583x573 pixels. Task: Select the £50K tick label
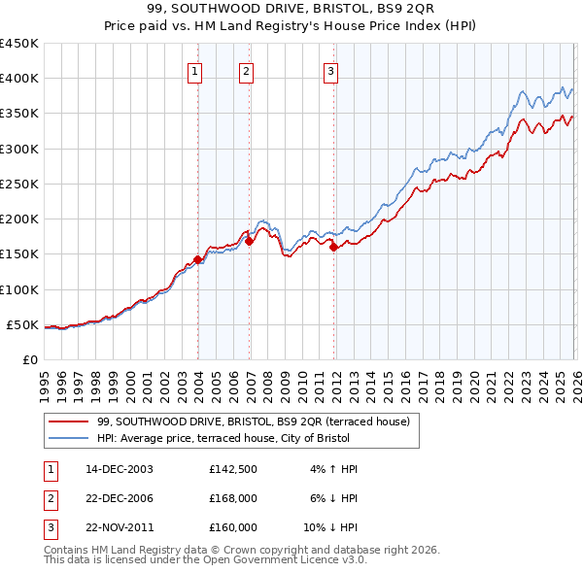23,324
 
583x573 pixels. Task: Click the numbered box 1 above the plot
195,70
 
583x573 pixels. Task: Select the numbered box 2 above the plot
247,70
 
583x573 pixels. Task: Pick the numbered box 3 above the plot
330,70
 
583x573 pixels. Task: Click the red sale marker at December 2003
198,259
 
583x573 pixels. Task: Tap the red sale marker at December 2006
250,242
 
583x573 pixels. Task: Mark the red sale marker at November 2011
333,248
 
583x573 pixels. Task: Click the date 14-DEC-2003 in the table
119,469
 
